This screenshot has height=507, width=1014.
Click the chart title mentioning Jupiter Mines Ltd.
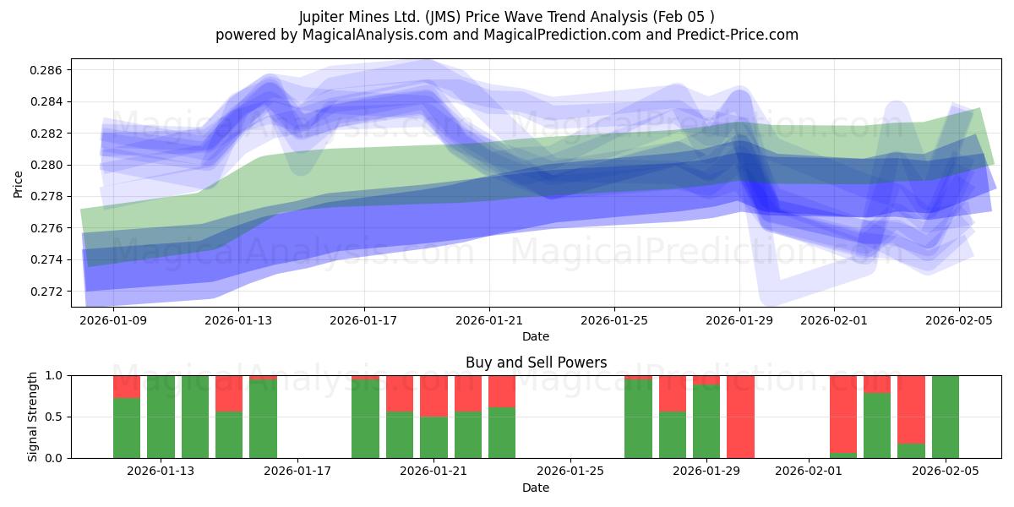(x=506, y=17)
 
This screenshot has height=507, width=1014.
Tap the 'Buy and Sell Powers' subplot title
(x=536, y=363)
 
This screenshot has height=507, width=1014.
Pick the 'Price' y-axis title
(x=19, y=183)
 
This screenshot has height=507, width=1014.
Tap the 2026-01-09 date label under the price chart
(x=113, y=320)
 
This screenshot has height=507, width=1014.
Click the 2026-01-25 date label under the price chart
(x=614, y=320)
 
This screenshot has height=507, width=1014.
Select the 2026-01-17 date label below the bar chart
(x=297, y=472)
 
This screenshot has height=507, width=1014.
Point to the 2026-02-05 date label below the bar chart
(x=946, y=472)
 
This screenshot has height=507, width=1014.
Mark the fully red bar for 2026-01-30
(x=740, y=417)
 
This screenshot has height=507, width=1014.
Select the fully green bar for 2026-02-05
(x=946, y=417)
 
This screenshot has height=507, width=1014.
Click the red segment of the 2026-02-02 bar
(x=842, y=413)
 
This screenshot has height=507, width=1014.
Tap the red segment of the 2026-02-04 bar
(x=911, y=409)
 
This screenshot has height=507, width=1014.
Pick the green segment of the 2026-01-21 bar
(x=433, y=438)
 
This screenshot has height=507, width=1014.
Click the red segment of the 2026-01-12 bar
(x=127, y=386)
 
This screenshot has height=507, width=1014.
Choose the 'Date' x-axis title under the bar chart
(x=536, y=488)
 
